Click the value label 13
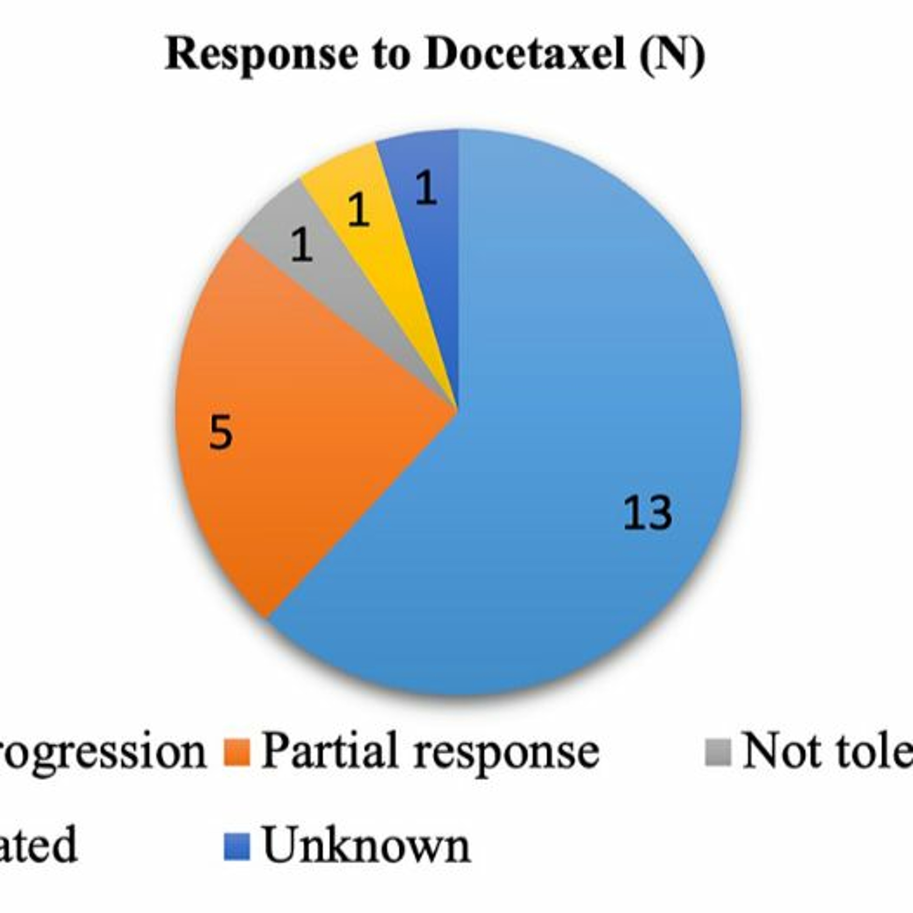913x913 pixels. pos(647,513)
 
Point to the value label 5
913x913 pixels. pos(221,432)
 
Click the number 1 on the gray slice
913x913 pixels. pos(302,244)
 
